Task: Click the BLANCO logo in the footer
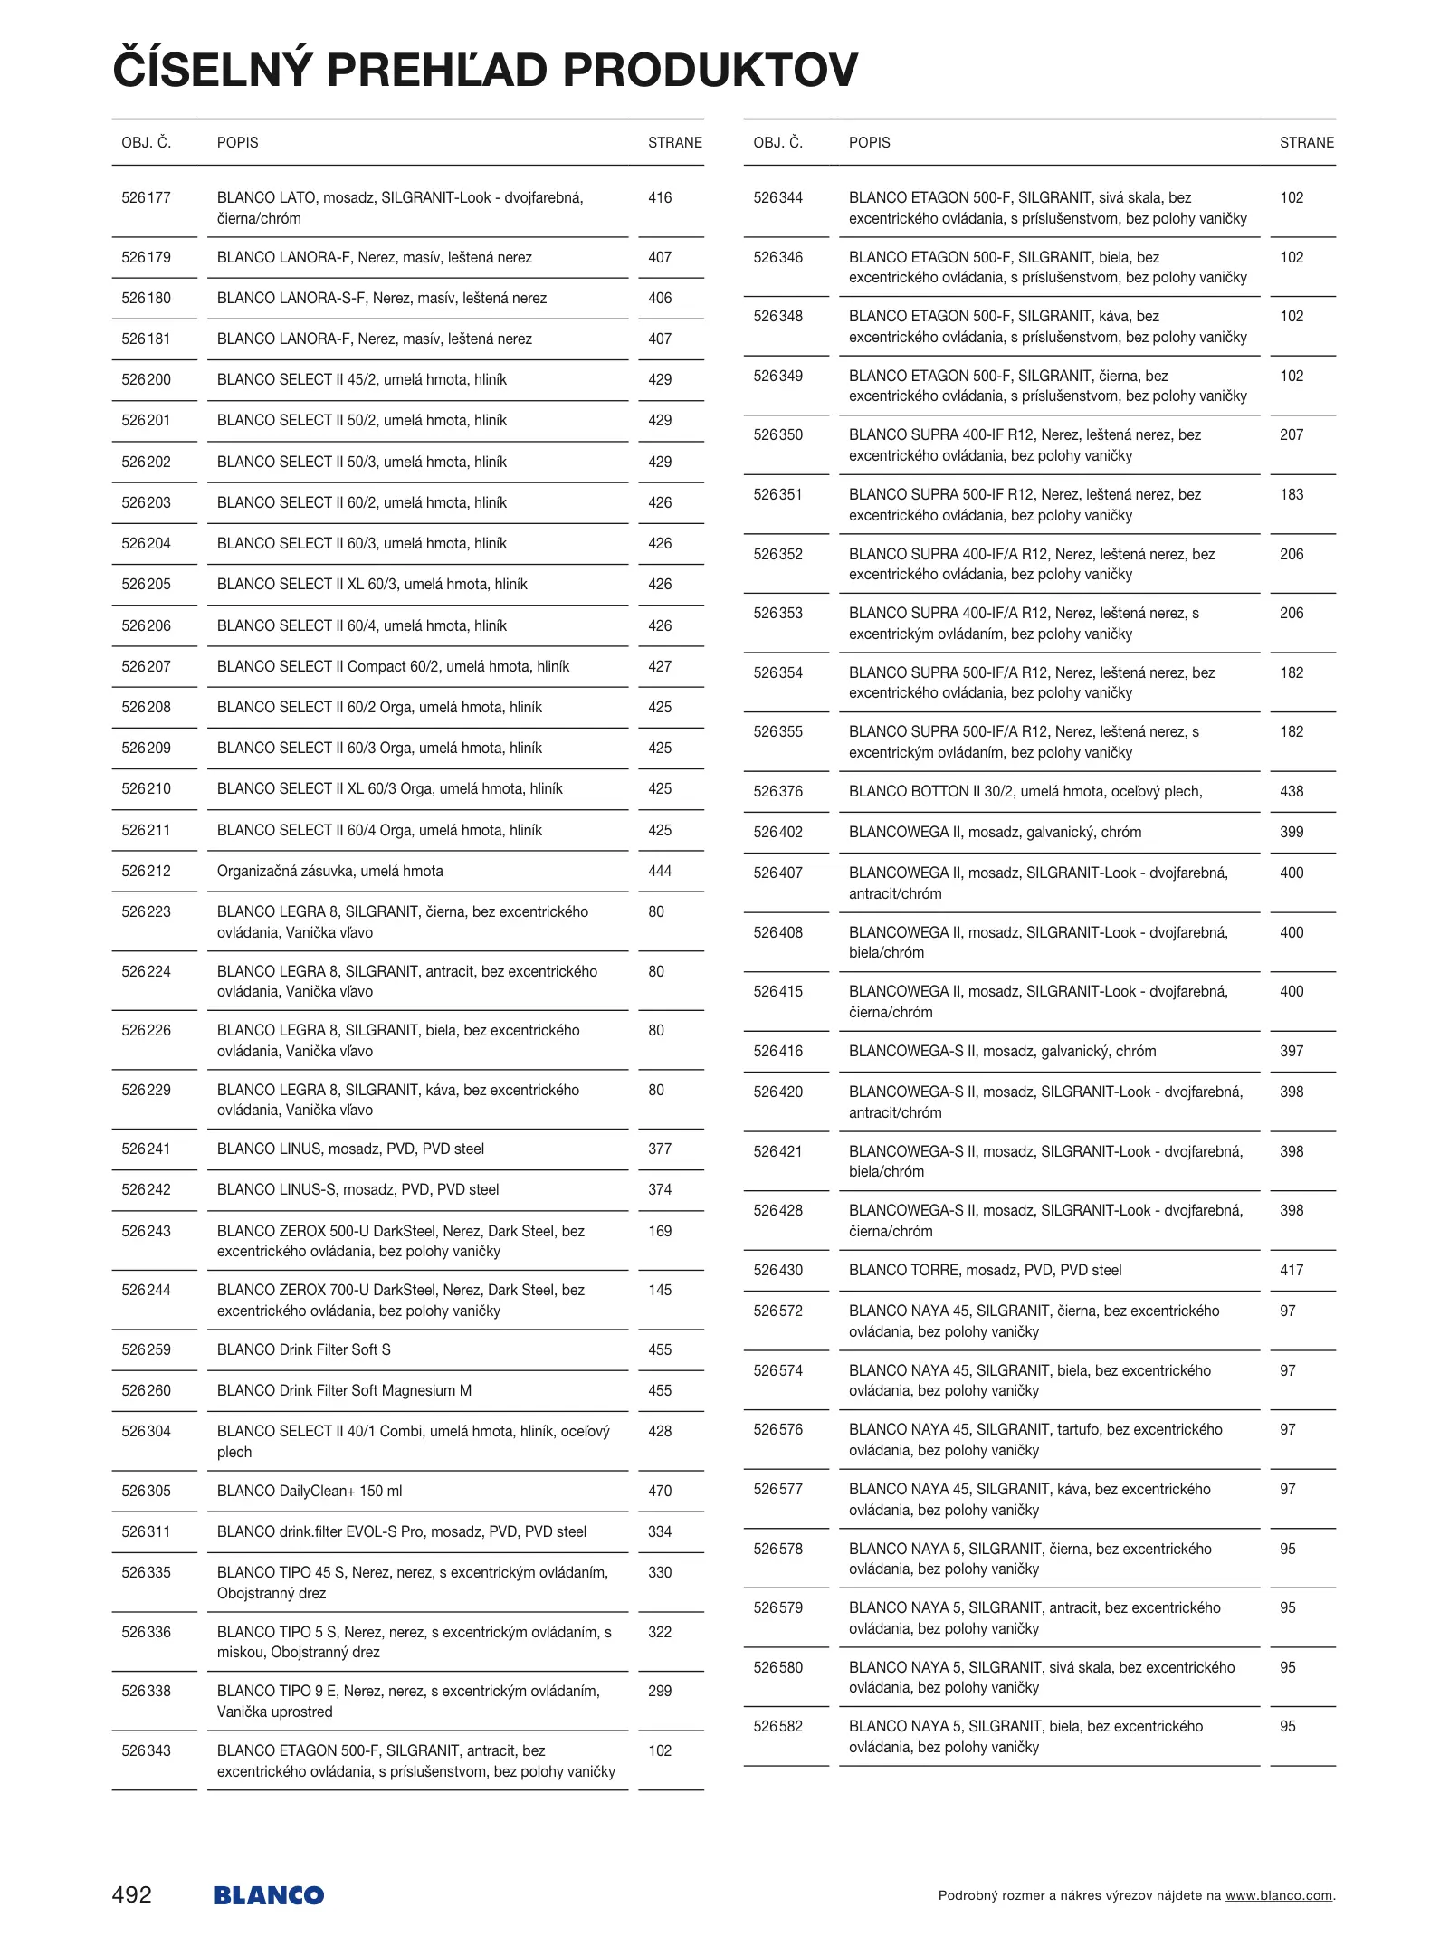(x=269, y=1895)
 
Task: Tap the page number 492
(x=132, y=1894)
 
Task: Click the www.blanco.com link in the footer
(x=1278, y=1895)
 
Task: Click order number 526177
(x=146, y=197)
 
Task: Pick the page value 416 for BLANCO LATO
(x=660, y=197)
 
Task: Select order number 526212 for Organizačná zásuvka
(x=146, y=871)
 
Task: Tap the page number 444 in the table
(x=660, y=871)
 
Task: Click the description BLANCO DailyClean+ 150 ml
(x=310, y=1491)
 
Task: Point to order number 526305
(x=146, y=1491)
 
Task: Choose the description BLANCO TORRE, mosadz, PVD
(x=985, y=1270)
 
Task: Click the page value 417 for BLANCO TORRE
(x=1292, y=1270)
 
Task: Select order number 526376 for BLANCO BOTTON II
(x=777, y=791)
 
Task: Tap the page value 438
(x=1292, y=791)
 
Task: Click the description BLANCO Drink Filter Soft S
(x=304, y=1349)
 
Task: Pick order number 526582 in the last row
(x=777, y=1726)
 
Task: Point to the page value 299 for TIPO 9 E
(x=660, y=1691)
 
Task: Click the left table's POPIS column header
(x=237, y=142)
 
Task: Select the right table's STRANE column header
(x=1306, y=142)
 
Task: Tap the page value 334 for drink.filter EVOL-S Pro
(x=660, y=1531)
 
